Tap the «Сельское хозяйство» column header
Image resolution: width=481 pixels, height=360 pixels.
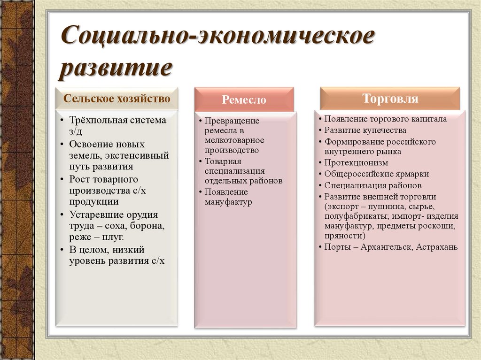point(117,99)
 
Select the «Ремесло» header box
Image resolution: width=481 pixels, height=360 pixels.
point(244,100)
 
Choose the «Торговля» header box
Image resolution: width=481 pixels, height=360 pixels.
point(390,99)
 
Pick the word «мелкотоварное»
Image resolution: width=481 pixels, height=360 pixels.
point(234,141)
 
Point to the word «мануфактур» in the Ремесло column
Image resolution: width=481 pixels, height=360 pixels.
point(228,202)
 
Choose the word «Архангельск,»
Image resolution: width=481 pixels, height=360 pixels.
point(387,247)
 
